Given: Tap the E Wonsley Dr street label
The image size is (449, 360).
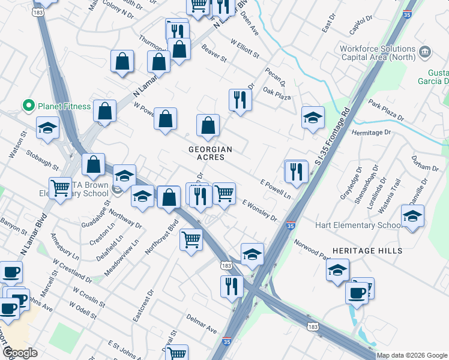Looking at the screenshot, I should tap(259, 211).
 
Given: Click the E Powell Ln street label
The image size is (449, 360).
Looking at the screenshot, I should tap(275, 187).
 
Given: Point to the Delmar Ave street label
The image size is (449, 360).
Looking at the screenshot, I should tap(201, 322).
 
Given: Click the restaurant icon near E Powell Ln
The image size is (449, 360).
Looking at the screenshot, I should tap(297, 172).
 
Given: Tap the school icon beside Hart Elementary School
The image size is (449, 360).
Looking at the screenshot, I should tap(412, 217).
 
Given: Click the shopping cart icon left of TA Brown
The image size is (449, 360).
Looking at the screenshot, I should tap(61, 187).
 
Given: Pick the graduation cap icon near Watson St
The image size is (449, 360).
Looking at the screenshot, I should tap(47, 128).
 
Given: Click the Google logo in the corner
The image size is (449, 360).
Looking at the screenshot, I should tap(20, 353).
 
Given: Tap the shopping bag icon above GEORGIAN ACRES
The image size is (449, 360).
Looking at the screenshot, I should tap(208, 126).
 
